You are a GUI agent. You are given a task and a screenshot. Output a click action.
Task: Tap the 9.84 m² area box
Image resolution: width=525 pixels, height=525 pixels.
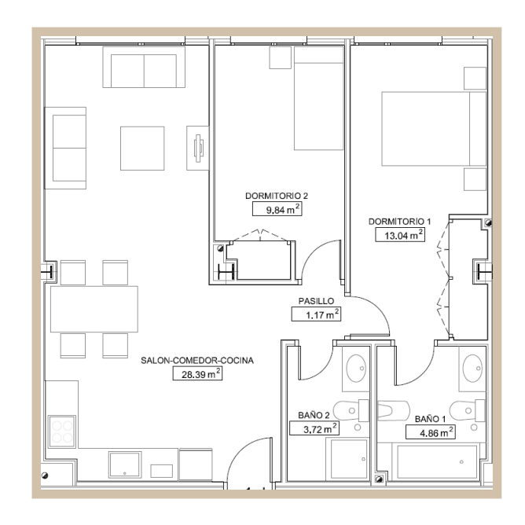(278, 209)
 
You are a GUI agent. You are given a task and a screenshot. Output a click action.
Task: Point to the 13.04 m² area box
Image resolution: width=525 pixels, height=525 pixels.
(400, 235)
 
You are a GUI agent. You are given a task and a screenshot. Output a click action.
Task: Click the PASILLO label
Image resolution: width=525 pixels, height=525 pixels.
(317, 301)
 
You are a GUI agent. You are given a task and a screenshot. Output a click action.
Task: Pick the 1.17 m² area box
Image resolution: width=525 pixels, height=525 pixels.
(317, 315)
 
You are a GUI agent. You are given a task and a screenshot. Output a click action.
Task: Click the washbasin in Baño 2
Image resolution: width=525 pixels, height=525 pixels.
(356, 368)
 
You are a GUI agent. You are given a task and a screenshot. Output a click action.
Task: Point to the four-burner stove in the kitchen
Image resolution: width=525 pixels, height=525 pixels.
(62, 431)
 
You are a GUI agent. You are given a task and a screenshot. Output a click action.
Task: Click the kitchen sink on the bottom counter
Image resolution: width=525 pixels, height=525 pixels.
(124, 464)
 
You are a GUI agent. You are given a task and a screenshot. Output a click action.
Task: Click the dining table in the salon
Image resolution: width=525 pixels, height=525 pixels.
(94, 309)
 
